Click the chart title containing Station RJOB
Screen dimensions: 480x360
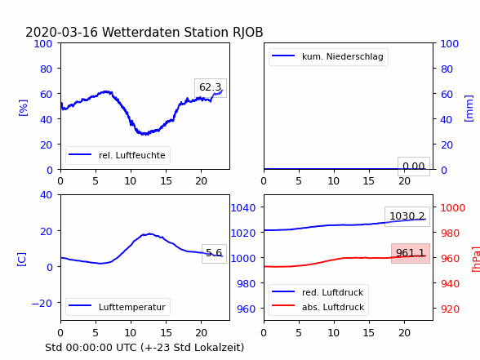click(x=144, y=32)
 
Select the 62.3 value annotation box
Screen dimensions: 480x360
click(x=211, y=88)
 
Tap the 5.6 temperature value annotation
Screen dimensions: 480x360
click(x=214, y=253)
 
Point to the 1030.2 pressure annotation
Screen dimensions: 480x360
click(x=407, y=216)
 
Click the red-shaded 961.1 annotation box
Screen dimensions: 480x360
click(x=411, y=253)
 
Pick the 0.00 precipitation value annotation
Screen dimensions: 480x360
click(x=414, y=167)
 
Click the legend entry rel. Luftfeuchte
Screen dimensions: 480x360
click(x=118, y=155)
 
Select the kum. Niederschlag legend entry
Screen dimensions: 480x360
click(x=328, y=56)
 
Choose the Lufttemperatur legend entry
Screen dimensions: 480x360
click(x=118, y=307)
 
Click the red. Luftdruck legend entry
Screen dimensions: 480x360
click(x=318, y=292)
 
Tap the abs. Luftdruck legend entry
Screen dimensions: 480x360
click(x=318, y=307)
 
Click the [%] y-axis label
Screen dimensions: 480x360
click(x=23, y=108)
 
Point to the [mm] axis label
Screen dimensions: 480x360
click(x=469, y=109)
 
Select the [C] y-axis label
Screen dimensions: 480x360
click(x=21, y=260)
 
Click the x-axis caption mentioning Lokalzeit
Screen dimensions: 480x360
click(x=144, y=348)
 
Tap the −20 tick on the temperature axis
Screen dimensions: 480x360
click(x=42, y=304)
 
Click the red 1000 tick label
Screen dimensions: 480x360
click(x=453, y=208)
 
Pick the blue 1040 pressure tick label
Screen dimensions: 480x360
click(x=243, y=208)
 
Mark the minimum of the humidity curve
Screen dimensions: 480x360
click(x=144, y=134)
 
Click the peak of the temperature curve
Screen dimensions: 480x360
click(x=149, y=233)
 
